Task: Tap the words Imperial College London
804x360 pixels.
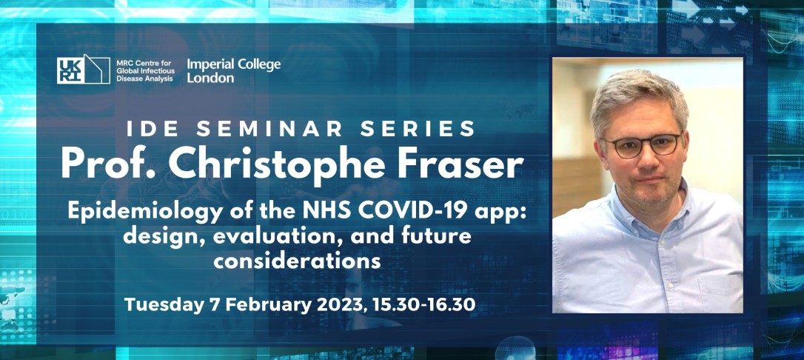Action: [x=234, y=71]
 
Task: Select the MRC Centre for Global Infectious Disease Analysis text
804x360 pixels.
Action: [x=145, y=68]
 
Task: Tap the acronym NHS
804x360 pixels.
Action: [x=312, y=211]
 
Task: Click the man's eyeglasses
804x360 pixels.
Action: [x=641, y=144]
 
